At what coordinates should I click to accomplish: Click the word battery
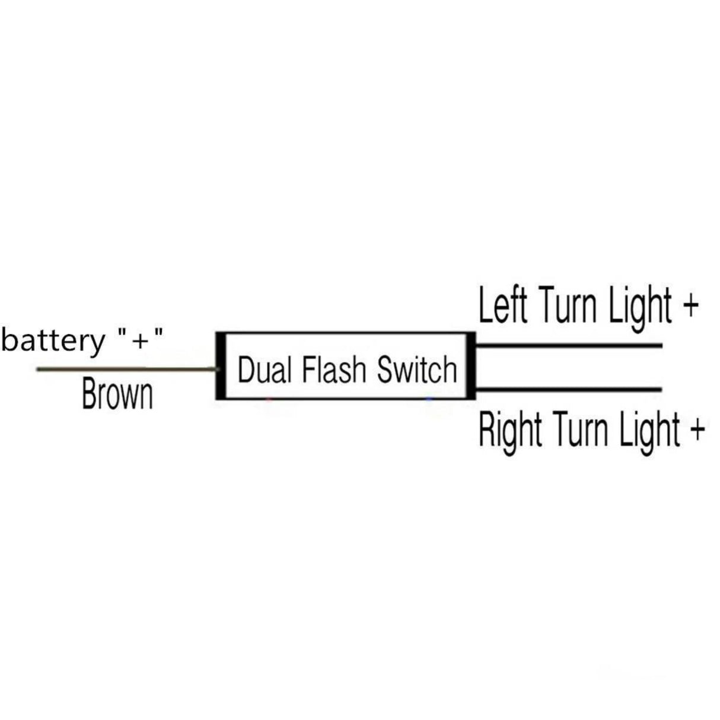52,342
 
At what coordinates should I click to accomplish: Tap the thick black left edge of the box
219,365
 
